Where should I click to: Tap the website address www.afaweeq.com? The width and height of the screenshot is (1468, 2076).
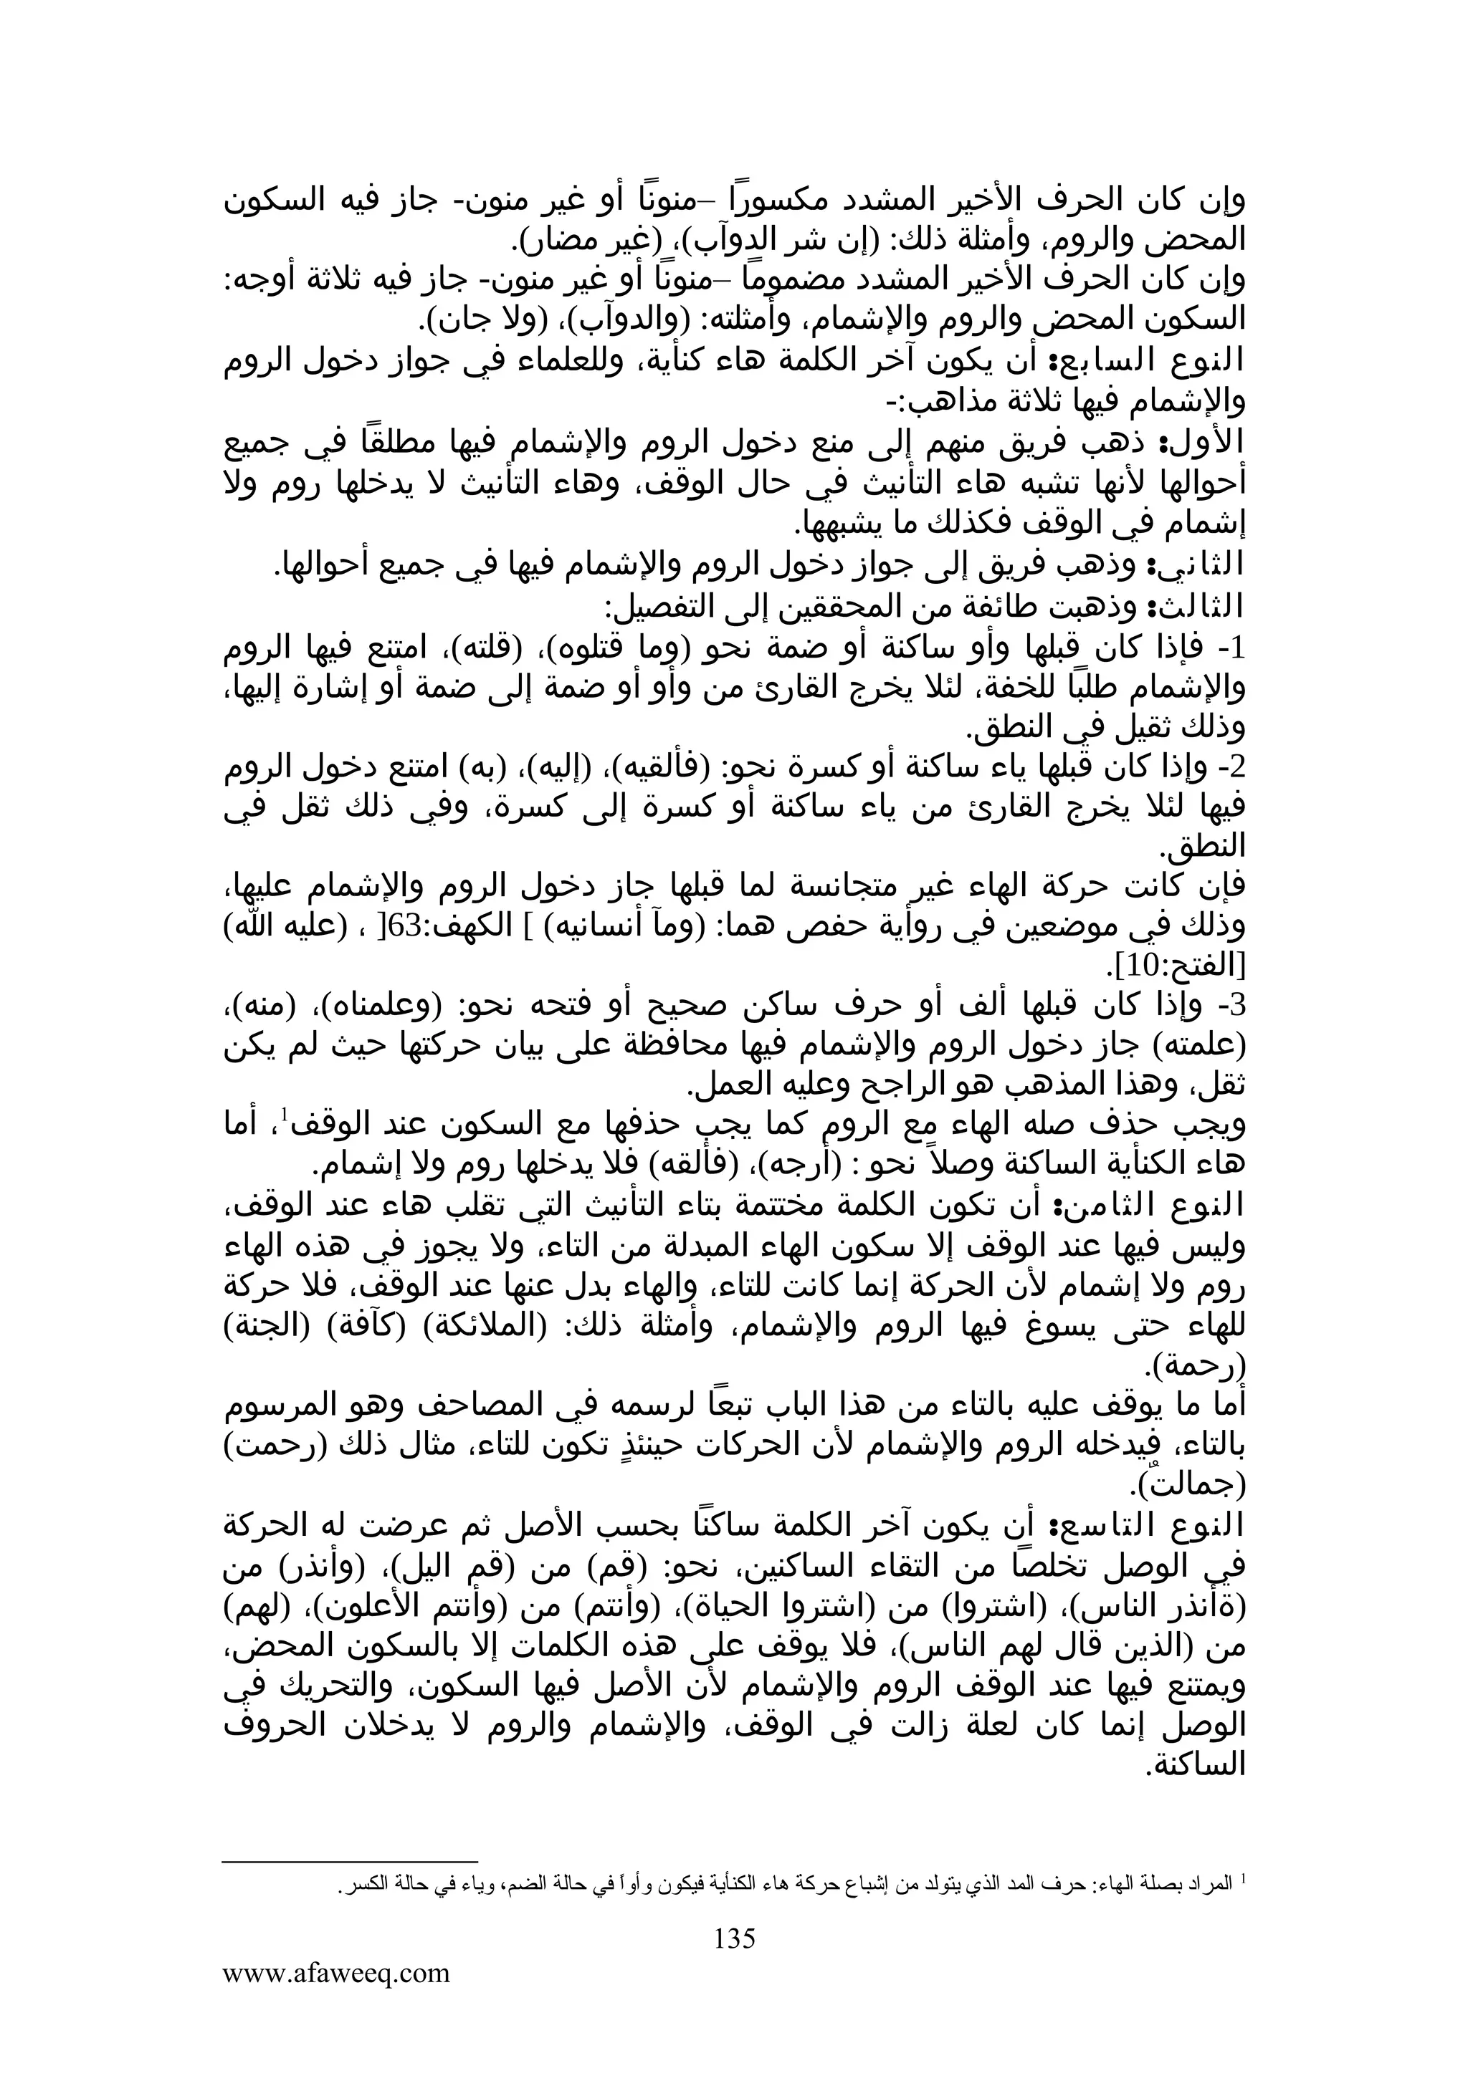point(336,1972)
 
